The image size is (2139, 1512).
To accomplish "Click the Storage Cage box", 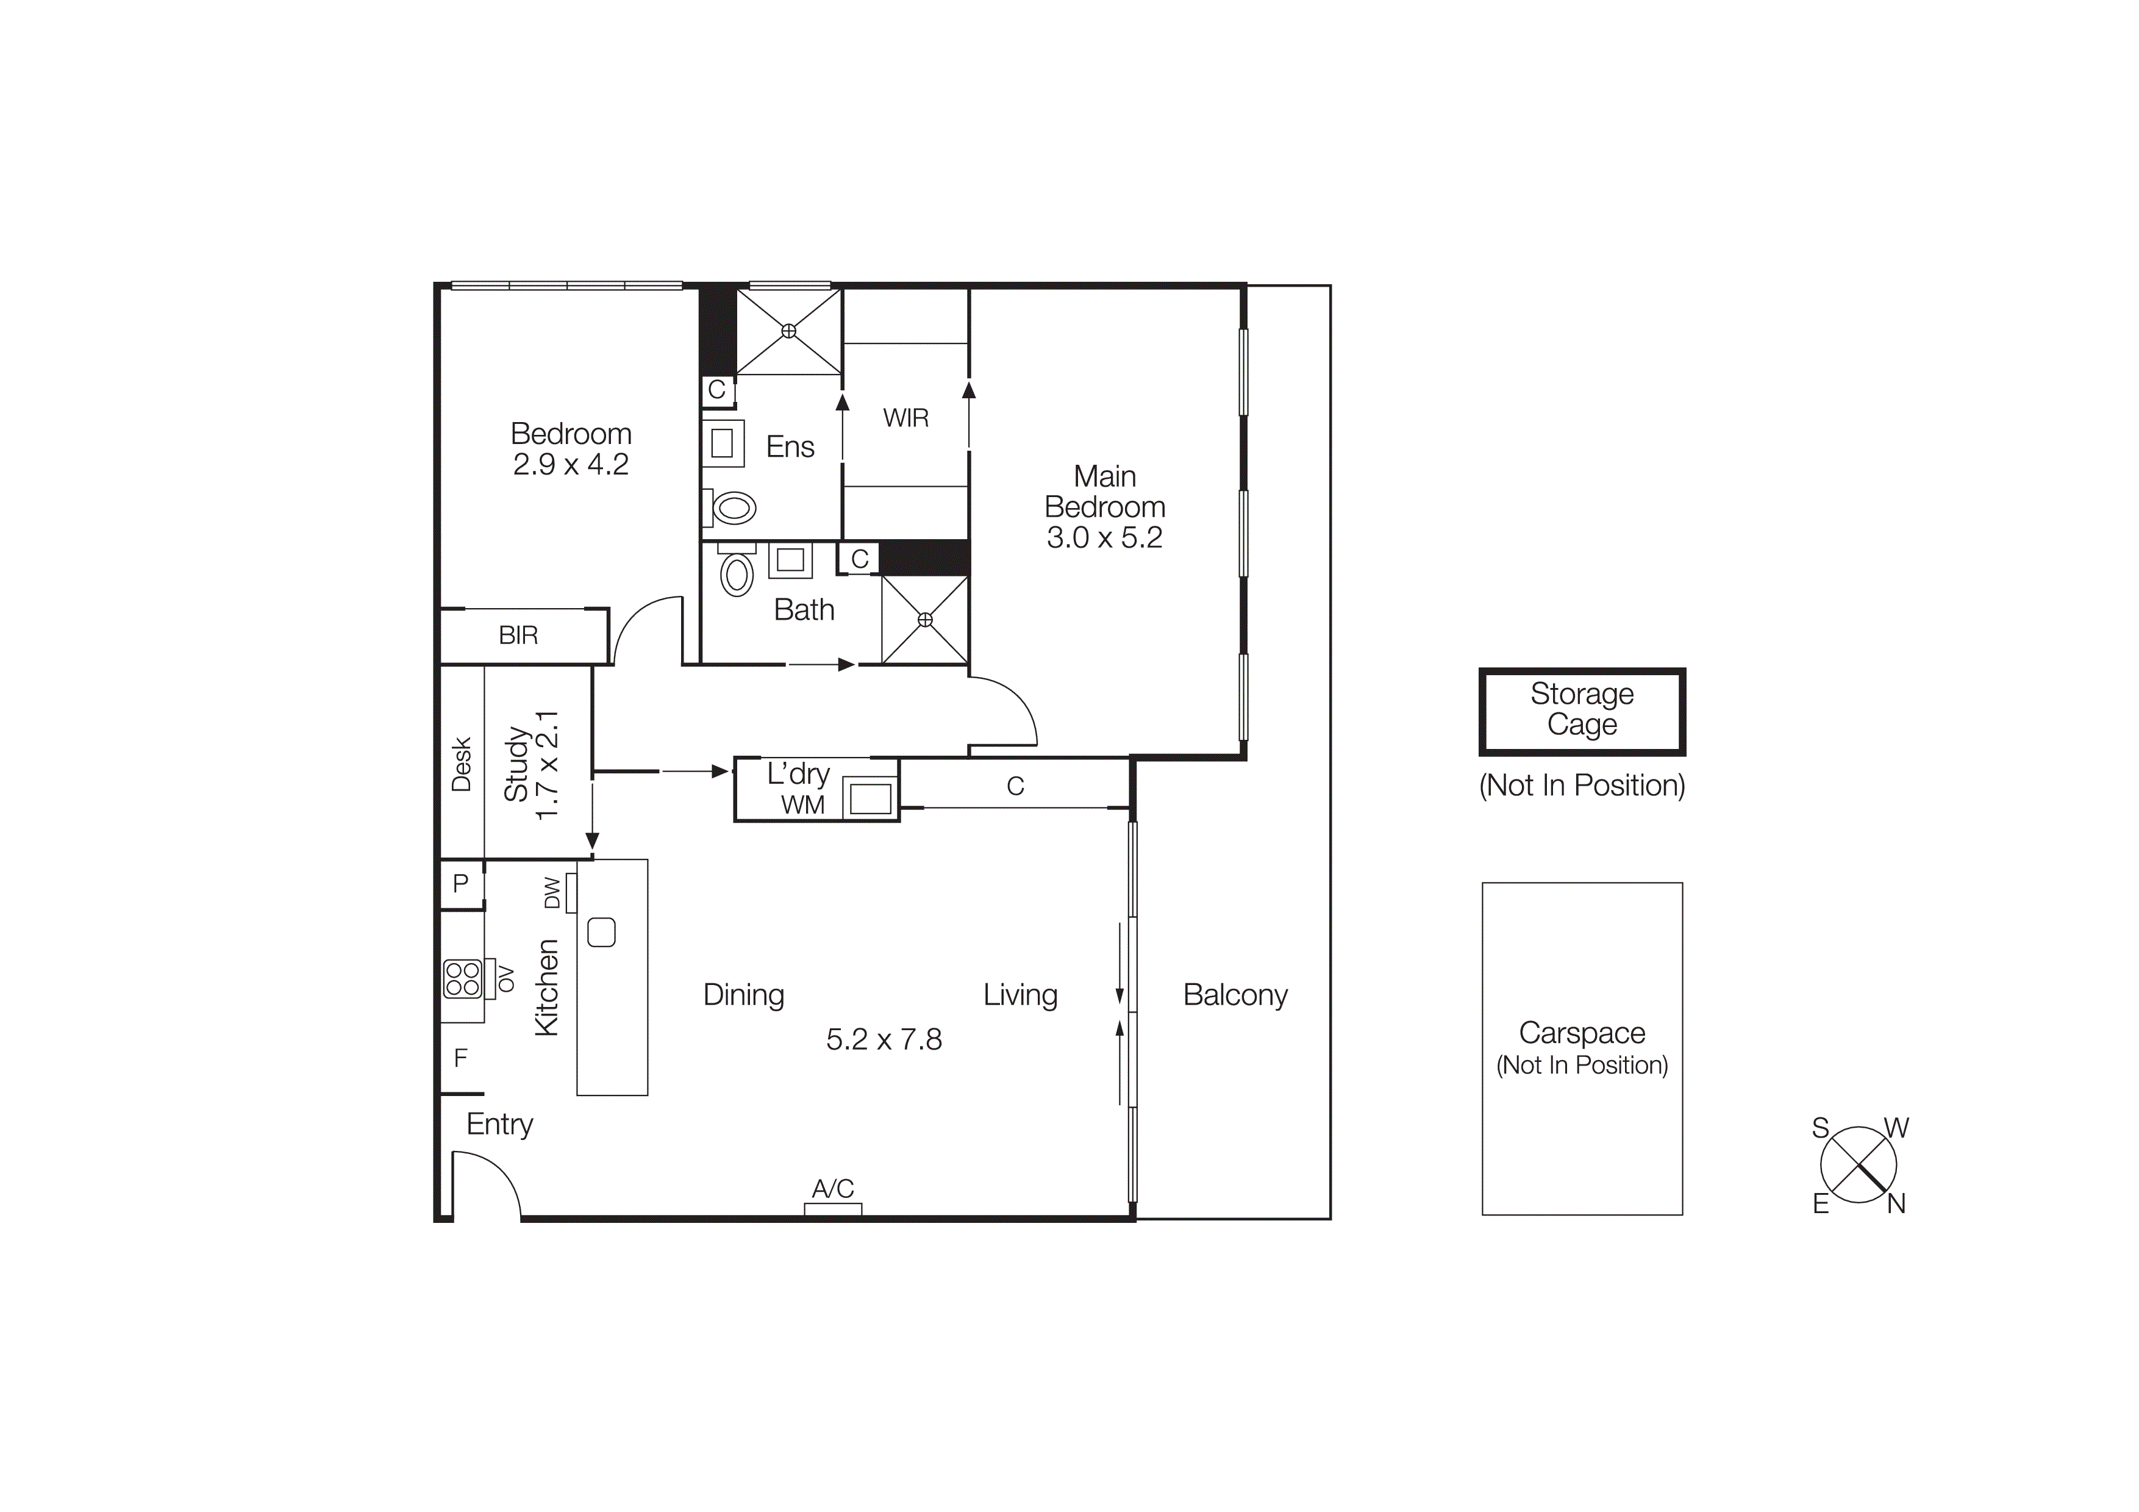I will point(1581,711).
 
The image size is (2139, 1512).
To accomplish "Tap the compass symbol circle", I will point(1858,1164).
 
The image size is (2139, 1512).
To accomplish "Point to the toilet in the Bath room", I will point(737,574).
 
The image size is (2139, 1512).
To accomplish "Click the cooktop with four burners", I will point(463,979).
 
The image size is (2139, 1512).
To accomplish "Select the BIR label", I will point(518,636).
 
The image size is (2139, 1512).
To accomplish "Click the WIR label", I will point(905,418).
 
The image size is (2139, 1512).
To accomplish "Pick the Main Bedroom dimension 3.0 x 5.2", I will point(1104,537).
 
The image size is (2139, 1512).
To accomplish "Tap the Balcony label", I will point(1234,995).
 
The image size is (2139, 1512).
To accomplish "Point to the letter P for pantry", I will point(460,883).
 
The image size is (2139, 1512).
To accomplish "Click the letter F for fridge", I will point(460,1058).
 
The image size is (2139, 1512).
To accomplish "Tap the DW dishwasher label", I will point(552,892).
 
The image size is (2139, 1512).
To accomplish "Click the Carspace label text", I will point(1581,1033).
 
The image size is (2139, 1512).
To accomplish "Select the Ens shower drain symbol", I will point(788,331).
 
